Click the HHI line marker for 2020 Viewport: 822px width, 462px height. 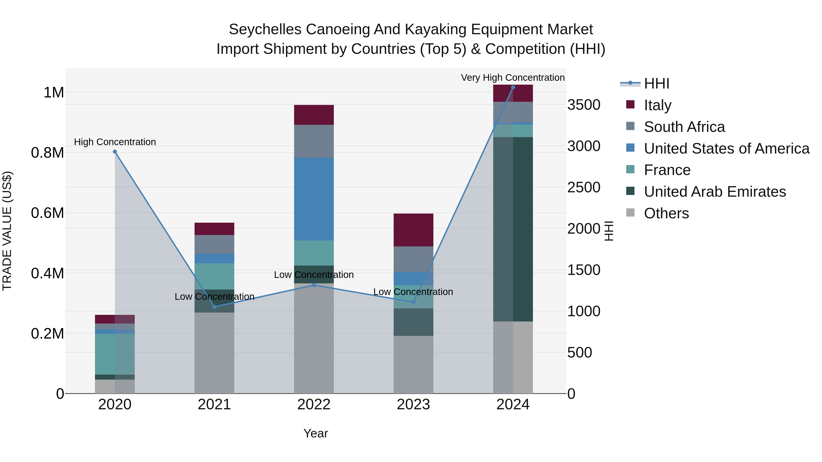115,152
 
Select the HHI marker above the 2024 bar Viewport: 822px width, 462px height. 513,87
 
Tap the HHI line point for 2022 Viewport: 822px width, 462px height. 314,285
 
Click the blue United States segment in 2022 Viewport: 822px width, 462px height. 314,199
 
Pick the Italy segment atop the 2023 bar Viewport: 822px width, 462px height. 413,230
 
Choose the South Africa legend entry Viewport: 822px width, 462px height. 684,127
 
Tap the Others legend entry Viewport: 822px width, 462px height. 666,213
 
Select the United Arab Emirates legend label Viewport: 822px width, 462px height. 715,192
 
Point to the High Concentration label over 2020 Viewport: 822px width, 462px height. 115,142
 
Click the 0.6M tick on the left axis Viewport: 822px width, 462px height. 47,213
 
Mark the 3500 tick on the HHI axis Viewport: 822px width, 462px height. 584,105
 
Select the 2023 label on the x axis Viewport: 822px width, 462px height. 413,405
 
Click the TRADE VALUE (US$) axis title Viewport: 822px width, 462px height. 7,231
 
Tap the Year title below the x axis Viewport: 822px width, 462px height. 316,433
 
